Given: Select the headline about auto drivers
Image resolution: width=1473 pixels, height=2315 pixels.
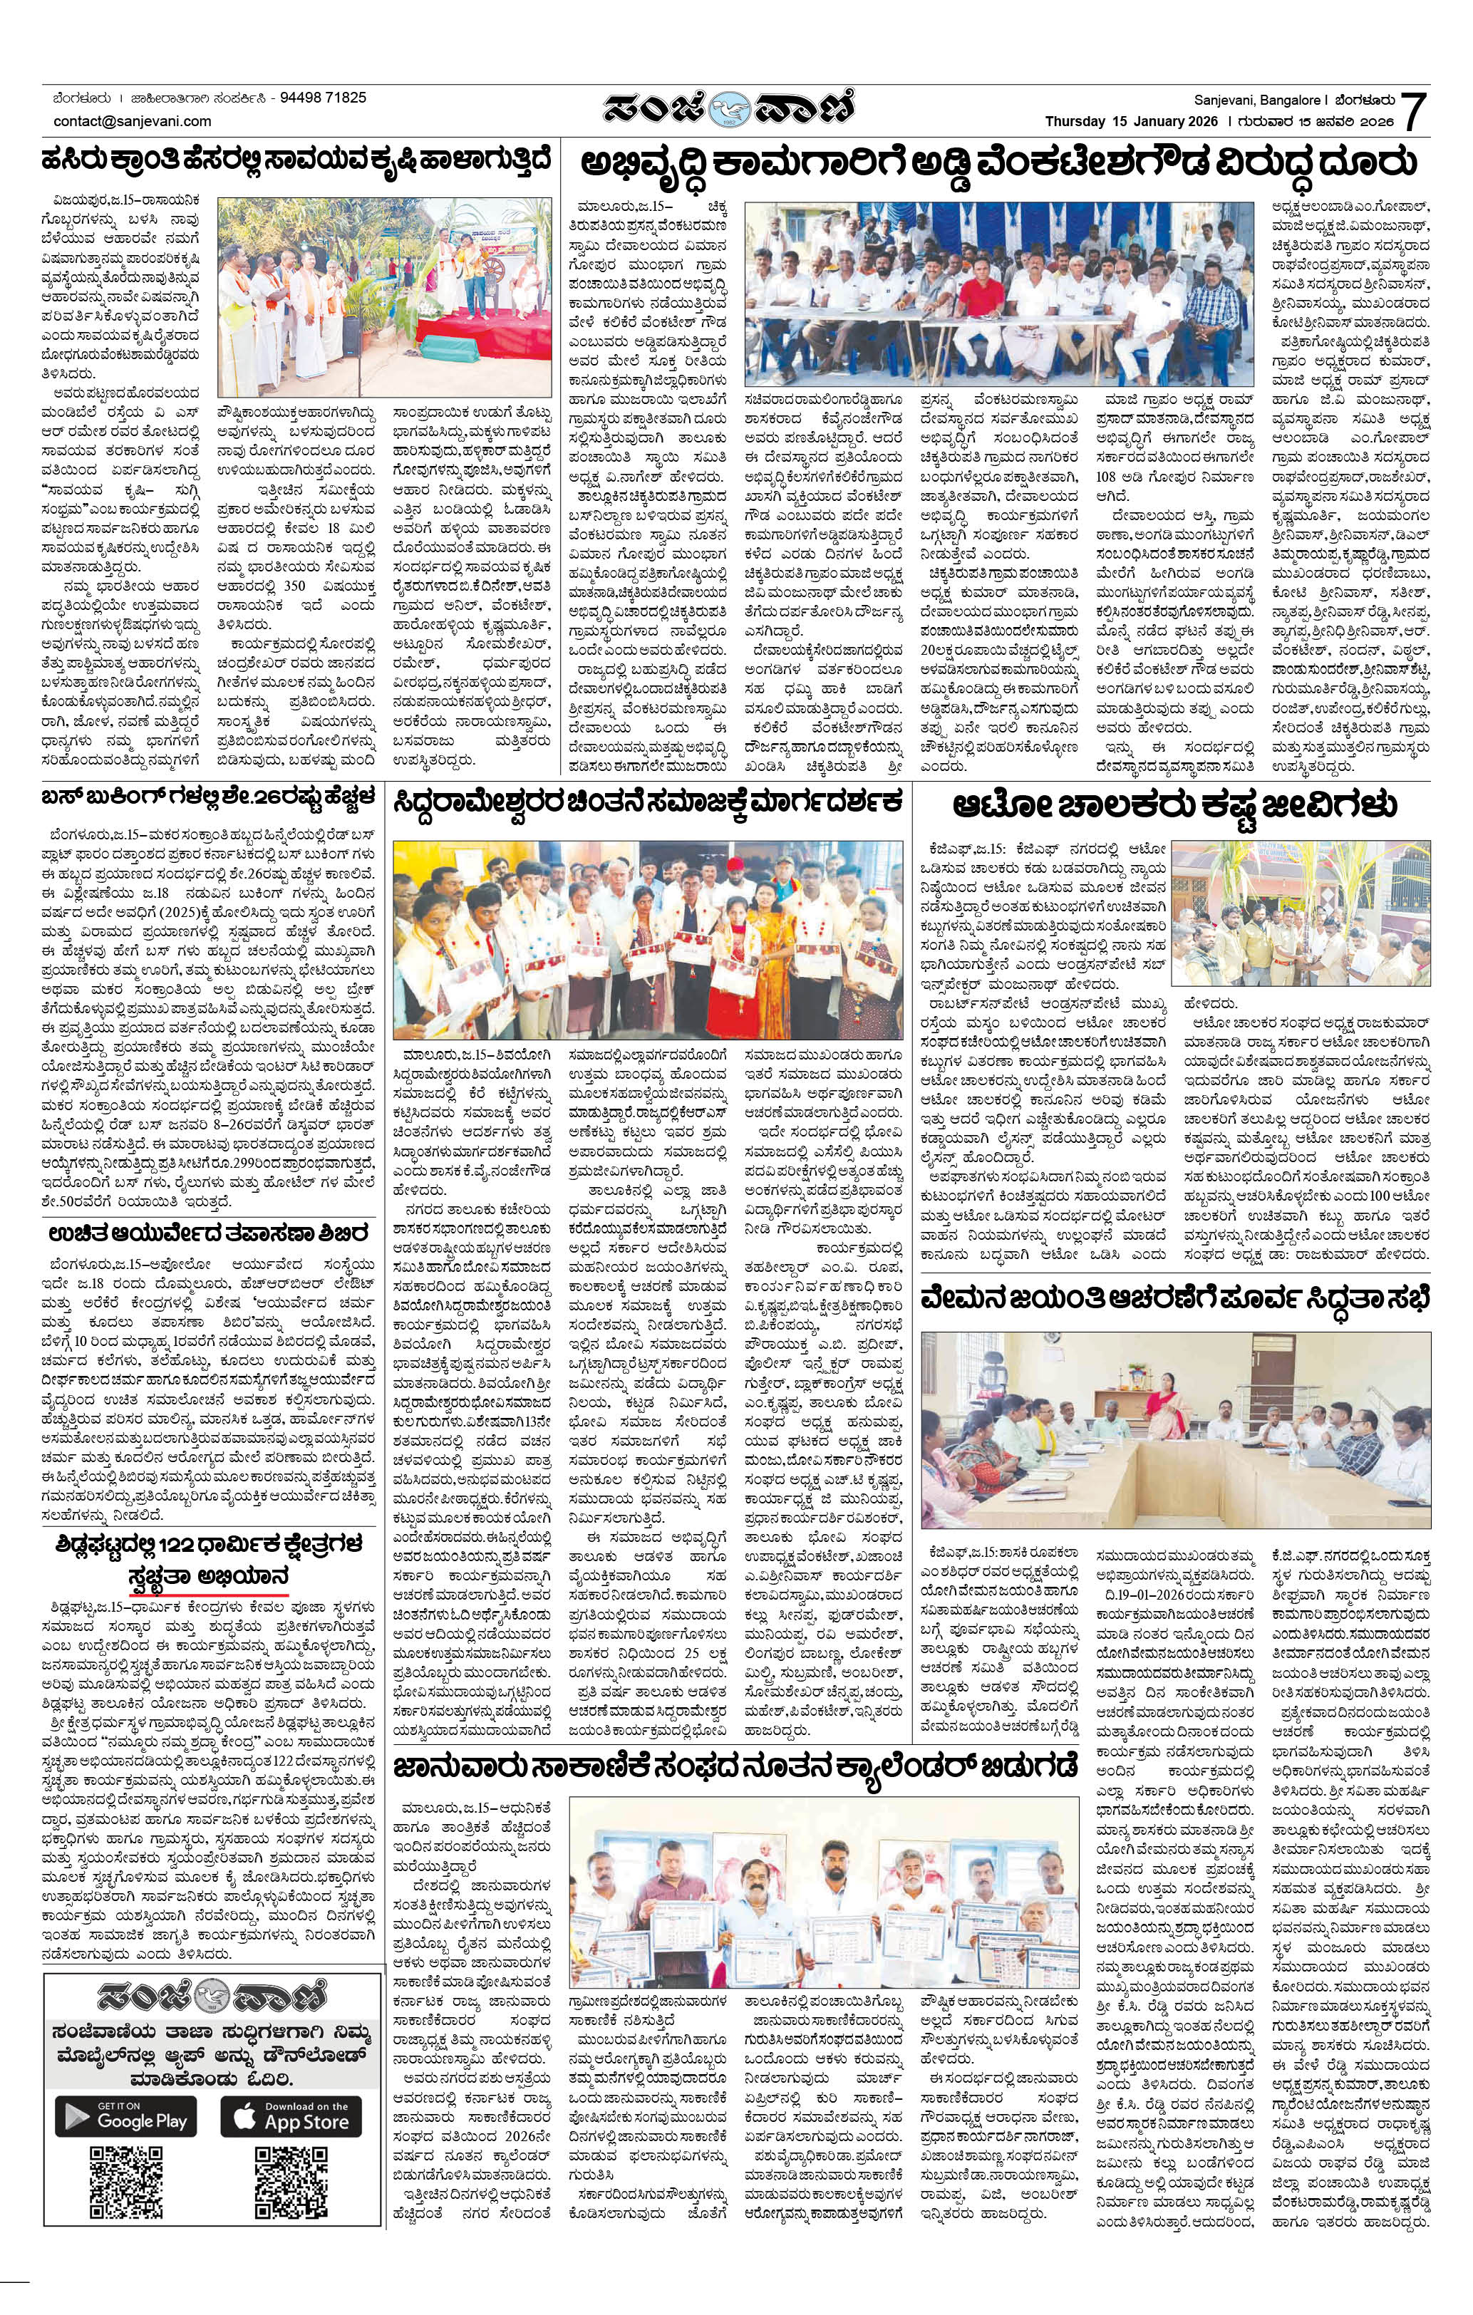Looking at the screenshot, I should (x=1174, y=804).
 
